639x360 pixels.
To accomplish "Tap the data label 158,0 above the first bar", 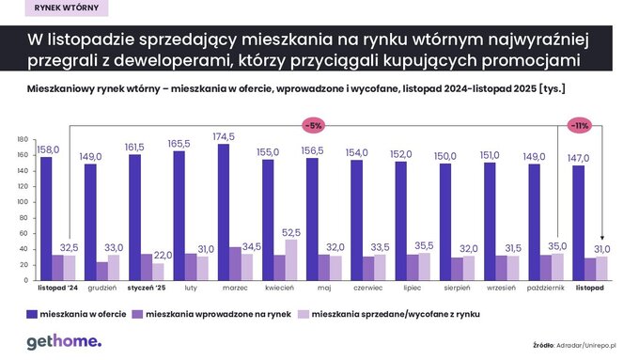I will (48, 149).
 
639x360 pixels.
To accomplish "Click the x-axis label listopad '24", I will (56, 290).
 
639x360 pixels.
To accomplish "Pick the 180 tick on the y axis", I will (23, 140).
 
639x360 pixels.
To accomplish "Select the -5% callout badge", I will (313, 124).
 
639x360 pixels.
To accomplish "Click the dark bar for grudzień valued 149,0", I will (90, 223).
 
